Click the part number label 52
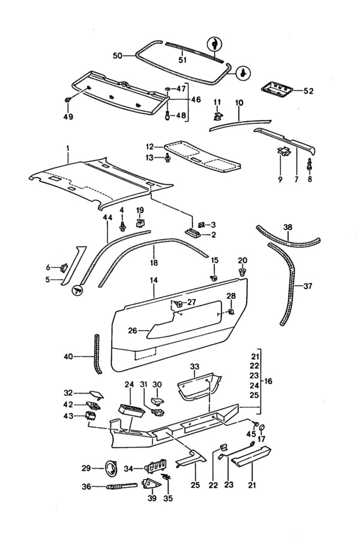(x=308, y=91)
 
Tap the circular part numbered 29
(x=110, y=469)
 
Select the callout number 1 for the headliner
(x=68, y=148)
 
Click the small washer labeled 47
(x=167, y=89)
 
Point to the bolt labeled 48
(x=167, y=115)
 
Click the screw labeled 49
(x=68, y=100)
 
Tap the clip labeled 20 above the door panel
(x=243, y=272)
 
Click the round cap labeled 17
(x=262, y=428)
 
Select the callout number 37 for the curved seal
(x=308, y=286)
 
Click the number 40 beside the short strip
(x=68, y=356)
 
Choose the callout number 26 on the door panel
(x=133, y=331)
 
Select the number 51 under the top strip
(x=182, y=60)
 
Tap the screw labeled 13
(x=168, y=158)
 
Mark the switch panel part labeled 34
(x=157, y=467)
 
